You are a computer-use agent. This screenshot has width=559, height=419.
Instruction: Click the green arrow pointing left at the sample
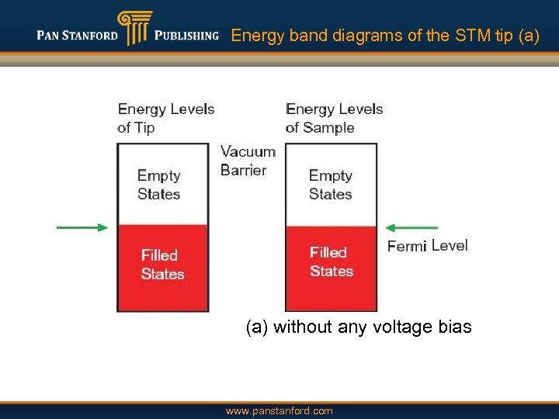pos(411,227)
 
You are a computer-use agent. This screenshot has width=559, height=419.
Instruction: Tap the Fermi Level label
pos(428,246)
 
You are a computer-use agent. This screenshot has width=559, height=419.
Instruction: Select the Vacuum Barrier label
pos(248,161)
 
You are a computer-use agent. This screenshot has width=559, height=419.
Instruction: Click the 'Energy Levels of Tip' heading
pos(165,118)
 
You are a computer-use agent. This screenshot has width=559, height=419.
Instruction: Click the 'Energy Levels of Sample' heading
pos(334,118)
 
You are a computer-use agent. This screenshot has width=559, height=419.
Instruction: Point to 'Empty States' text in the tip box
pos(159,185)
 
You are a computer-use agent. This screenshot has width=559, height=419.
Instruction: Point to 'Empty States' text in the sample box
pos(331,185)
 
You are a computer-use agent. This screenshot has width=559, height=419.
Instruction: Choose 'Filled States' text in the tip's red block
pos(162,265)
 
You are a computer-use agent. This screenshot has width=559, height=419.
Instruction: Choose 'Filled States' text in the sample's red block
pos(332,261)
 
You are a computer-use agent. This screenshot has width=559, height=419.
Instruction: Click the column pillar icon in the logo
pos(132,29)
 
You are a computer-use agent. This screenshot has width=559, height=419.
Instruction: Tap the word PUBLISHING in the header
pos(186,36)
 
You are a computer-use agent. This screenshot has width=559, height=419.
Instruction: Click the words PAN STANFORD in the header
pos(77,36)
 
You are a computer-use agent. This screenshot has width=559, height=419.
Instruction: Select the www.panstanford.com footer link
pos(279,411)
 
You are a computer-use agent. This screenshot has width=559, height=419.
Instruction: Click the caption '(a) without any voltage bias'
pos(358,327)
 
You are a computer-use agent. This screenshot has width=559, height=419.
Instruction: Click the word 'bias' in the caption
pos(454,327)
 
